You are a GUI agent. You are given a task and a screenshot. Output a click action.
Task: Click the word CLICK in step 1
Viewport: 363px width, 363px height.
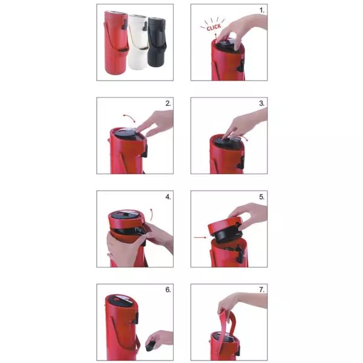coord(214,27)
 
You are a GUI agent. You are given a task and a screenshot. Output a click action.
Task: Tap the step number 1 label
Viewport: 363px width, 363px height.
coord(261,10)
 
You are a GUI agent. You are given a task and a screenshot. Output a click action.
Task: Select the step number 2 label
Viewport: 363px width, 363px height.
coord(168,103)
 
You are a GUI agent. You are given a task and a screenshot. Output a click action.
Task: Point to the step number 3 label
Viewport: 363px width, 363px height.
coord(261,103)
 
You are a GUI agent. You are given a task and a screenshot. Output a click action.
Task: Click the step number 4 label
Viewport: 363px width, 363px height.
coord(168,197)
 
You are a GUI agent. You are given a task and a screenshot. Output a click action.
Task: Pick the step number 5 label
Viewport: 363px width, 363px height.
coord(261,197)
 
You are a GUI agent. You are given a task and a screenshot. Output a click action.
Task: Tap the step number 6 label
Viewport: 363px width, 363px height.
coord(168,290)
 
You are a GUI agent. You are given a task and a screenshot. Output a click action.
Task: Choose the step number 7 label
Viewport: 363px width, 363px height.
coord(261,290)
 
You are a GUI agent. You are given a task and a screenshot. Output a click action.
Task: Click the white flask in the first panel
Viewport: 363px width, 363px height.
coord(137,42)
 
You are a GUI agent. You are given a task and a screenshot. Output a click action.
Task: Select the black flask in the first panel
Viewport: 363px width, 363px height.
coord(157,42)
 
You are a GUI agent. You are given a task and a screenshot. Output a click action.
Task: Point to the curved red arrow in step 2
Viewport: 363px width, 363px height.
coord(129,117)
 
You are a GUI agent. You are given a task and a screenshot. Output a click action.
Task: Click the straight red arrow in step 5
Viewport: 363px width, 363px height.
coord(200,237)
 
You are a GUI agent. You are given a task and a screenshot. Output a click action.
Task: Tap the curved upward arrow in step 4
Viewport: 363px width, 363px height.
coord(151,215)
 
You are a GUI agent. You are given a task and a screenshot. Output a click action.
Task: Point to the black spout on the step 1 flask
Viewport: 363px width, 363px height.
coord(240,65)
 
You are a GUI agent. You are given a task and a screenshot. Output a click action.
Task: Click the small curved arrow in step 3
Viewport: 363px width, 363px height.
coord(244,138)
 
